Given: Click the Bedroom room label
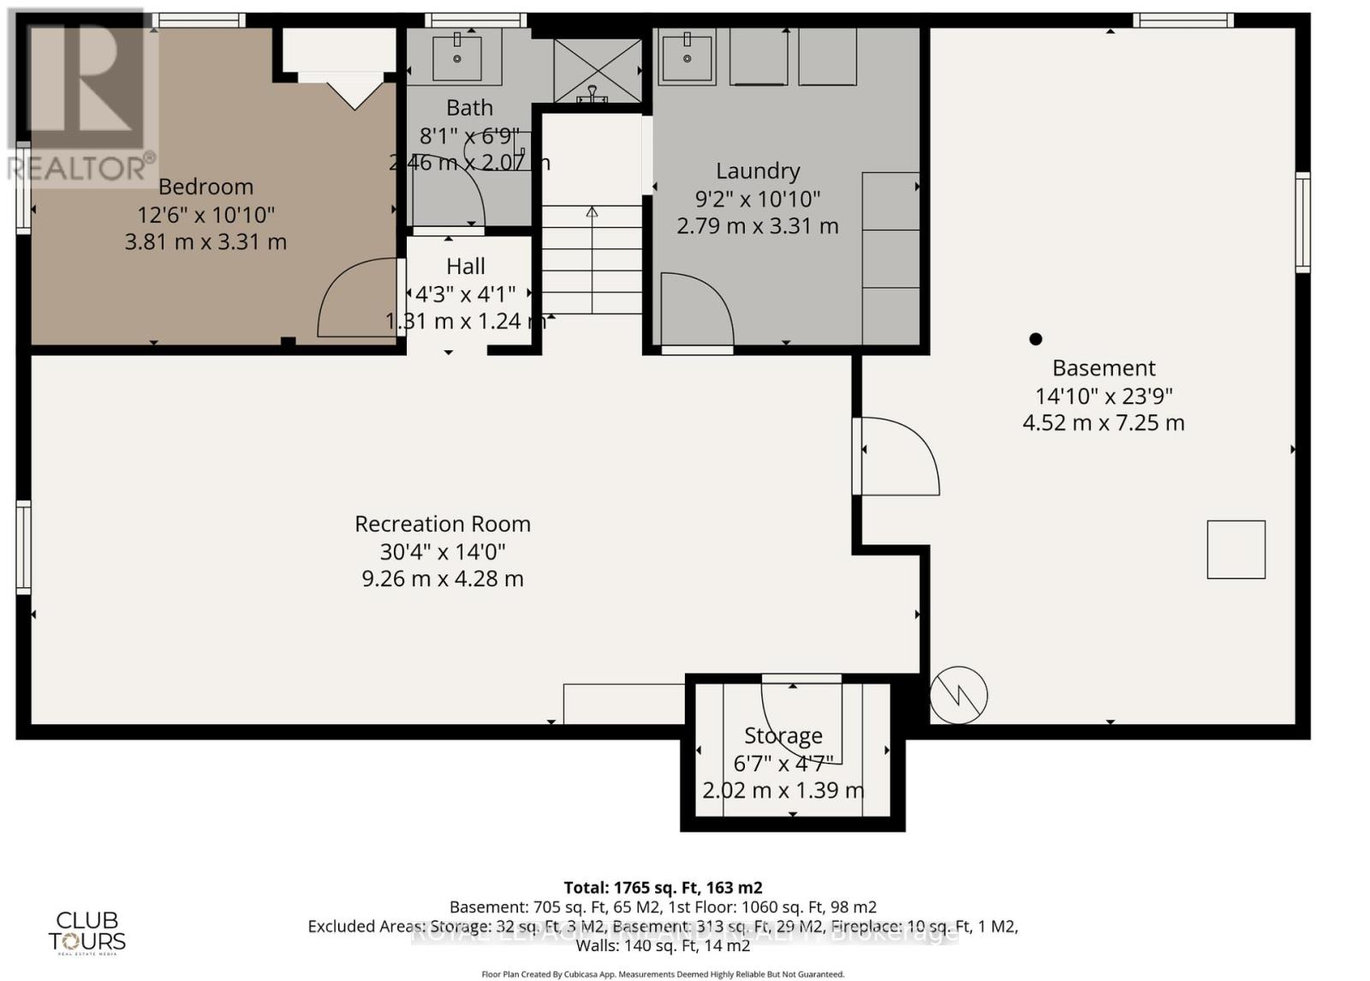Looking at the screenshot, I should click(205, 187).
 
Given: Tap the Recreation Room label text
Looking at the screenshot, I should click(443, 524).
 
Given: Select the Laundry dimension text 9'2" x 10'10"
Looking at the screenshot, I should click(757, 199).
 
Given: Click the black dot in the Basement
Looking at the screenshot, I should click(1035, 339).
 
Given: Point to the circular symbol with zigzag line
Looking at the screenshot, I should click(958, 695).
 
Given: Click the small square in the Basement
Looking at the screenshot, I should click(1236, 550).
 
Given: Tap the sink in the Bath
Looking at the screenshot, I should click(456, 58).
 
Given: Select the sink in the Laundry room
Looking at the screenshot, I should click(687, 57).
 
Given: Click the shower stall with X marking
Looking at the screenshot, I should click(597, 71).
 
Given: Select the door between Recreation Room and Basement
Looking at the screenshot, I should click(899, 455).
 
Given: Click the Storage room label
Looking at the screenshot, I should click(783, 735).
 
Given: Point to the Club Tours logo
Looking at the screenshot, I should click(86, 932).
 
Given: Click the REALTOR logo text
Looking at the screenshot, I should click(80, 168).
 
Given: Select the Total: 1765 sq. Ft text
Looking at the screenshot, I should click(662, 888).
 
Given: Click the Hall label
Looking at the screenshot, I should click(465, 266).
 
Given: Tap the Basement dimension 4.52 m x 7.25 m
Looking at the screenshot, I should click(1103, 423).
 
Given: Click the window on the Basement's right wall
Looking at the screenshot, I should click(1301, 223).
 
